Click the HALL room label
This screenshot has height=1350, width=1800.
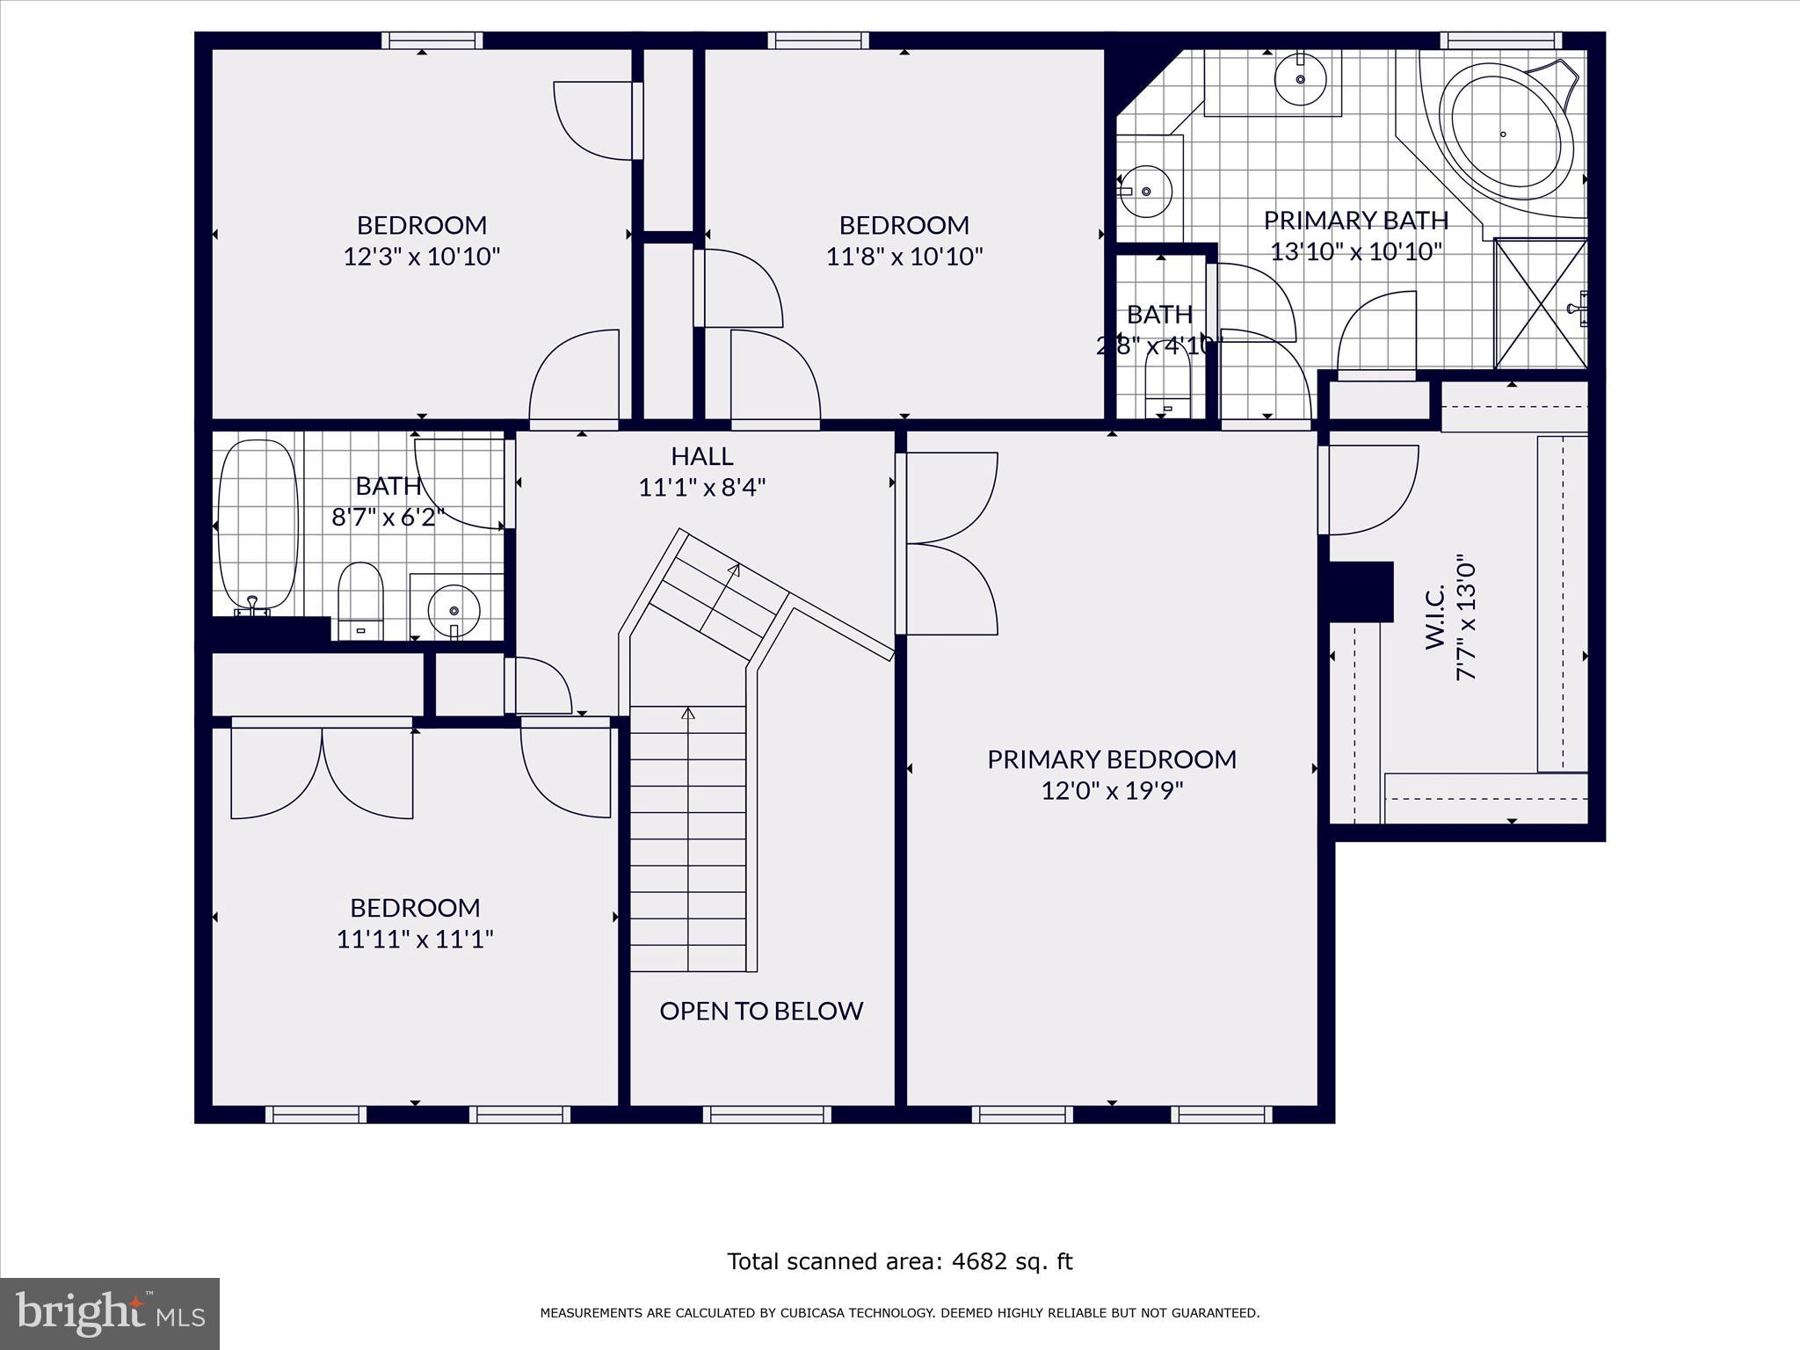(701, 456)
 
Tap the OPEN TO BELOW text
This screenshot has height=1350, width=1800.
(761, 1011)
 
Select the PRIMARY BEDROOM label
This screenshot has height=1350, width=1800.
(1112, 759)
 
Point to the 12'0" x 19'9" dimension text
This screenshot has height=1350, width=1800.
(1112, 791)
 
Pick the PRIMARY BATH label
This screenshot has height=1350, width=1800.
(1355, 220)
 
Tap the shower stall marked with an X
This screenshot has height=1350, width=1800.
(1540, 303)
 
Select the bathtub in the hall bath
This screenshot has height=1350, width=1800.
(255, 524)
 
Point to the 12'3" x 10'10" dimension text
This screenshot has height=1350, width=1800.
(422, 257)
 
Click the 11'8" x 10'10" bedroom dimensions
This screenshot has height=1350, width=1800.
(904, 257)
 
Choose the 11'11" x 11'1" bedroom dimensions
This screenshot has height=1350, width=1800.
(415, 940)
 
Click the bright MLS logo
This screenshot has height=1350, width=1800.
(110, 1313)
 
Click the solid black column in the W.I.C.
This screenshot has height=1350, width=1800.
(1361, 592)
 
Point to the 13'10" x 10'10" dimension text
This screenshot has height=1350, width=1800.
(1356, 252)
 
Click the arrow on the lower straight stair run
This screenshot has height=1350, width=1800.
(688, 714)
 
